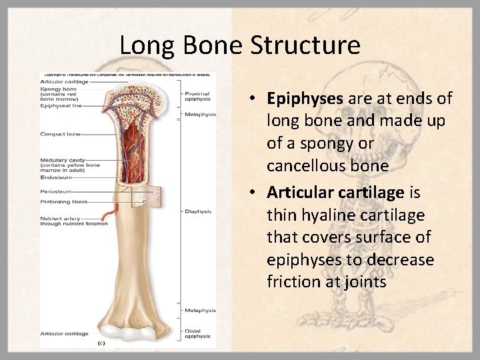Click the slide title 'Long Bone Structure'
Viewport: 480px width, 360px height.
[240, 45]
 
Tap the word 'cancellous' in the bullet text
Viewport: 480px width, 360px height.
[302, 165]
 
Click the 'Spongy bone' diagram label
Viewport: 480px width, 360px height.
[59, 89]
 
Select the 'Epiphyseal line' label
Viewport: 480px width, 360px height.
[62, 105]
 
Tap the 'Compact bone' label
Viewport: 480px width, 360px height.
[61, 134]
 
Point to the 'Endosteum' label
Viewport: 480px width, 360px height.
[55, 178]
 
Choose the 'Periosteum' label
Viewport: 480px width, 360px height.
[56, 191]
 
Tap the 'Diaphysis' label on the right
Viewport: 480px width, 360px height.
[198, 211]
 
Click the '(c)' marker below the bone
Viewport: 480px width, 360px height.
[101, 343]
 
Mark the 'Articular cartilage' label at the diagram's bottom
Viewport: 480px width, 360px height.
[64, 333]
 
